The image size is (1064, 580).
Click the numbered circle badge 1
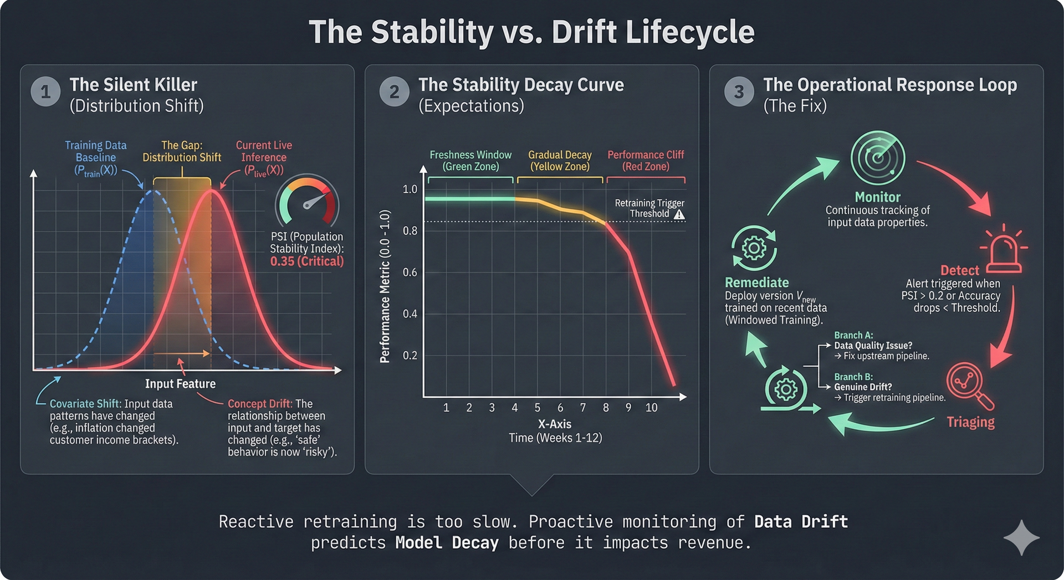pyautogui.click(x=45, y=91)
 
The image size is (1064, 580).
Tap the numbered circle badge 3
pyautogui.click(x=739, y=91)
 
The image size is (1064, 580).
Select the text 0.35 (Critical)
pyautogui.click(x=306, y=261)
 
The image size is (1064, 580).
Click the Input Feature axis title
pyautogui.click(x=180, y=384)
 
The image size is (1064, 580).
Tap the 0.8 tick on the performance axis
pyautogui.click(x=410, y=230)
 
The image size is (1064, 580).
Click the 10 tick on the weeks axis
pyautogui.click(x=651, y=408)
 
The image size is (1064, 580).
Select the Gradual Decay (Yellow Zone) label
pyautogui.click(x=560, y=161)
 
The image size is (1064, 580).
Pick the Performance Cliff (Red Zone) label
pyautogui.click(x=646, y=161)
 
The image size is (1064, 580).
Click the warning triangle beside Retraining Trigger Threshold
pyautogui.click(x=679, y=214)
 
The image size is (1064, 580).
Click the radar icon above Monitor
pyautogui.click(x=877, y=158)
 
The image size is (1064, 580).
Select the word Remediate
pyautogui.click(x=756, y=283)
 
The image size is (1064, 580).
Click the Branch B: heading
pyautogui.click(x=853, y=377)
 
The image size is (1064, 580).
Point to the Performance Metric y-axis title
pyautogui.click(x=385, y=286)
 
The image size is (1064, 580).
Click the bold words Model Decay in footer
pyautogui.click(x=447, y=543)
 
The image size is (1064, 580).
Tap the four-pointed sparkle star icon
pyautogui.click(x=1021, y=537)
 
